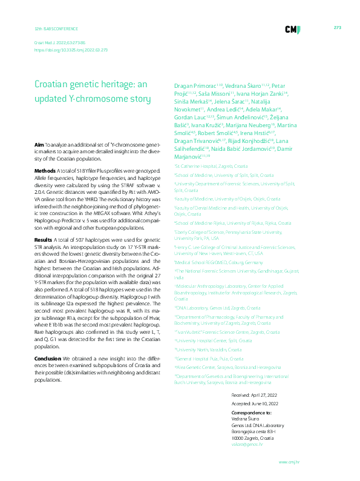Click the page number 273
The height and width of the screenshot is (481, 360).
coord(338,28)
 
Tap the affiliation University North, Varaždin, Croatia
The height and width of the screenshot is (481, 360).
coord(209,350)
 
